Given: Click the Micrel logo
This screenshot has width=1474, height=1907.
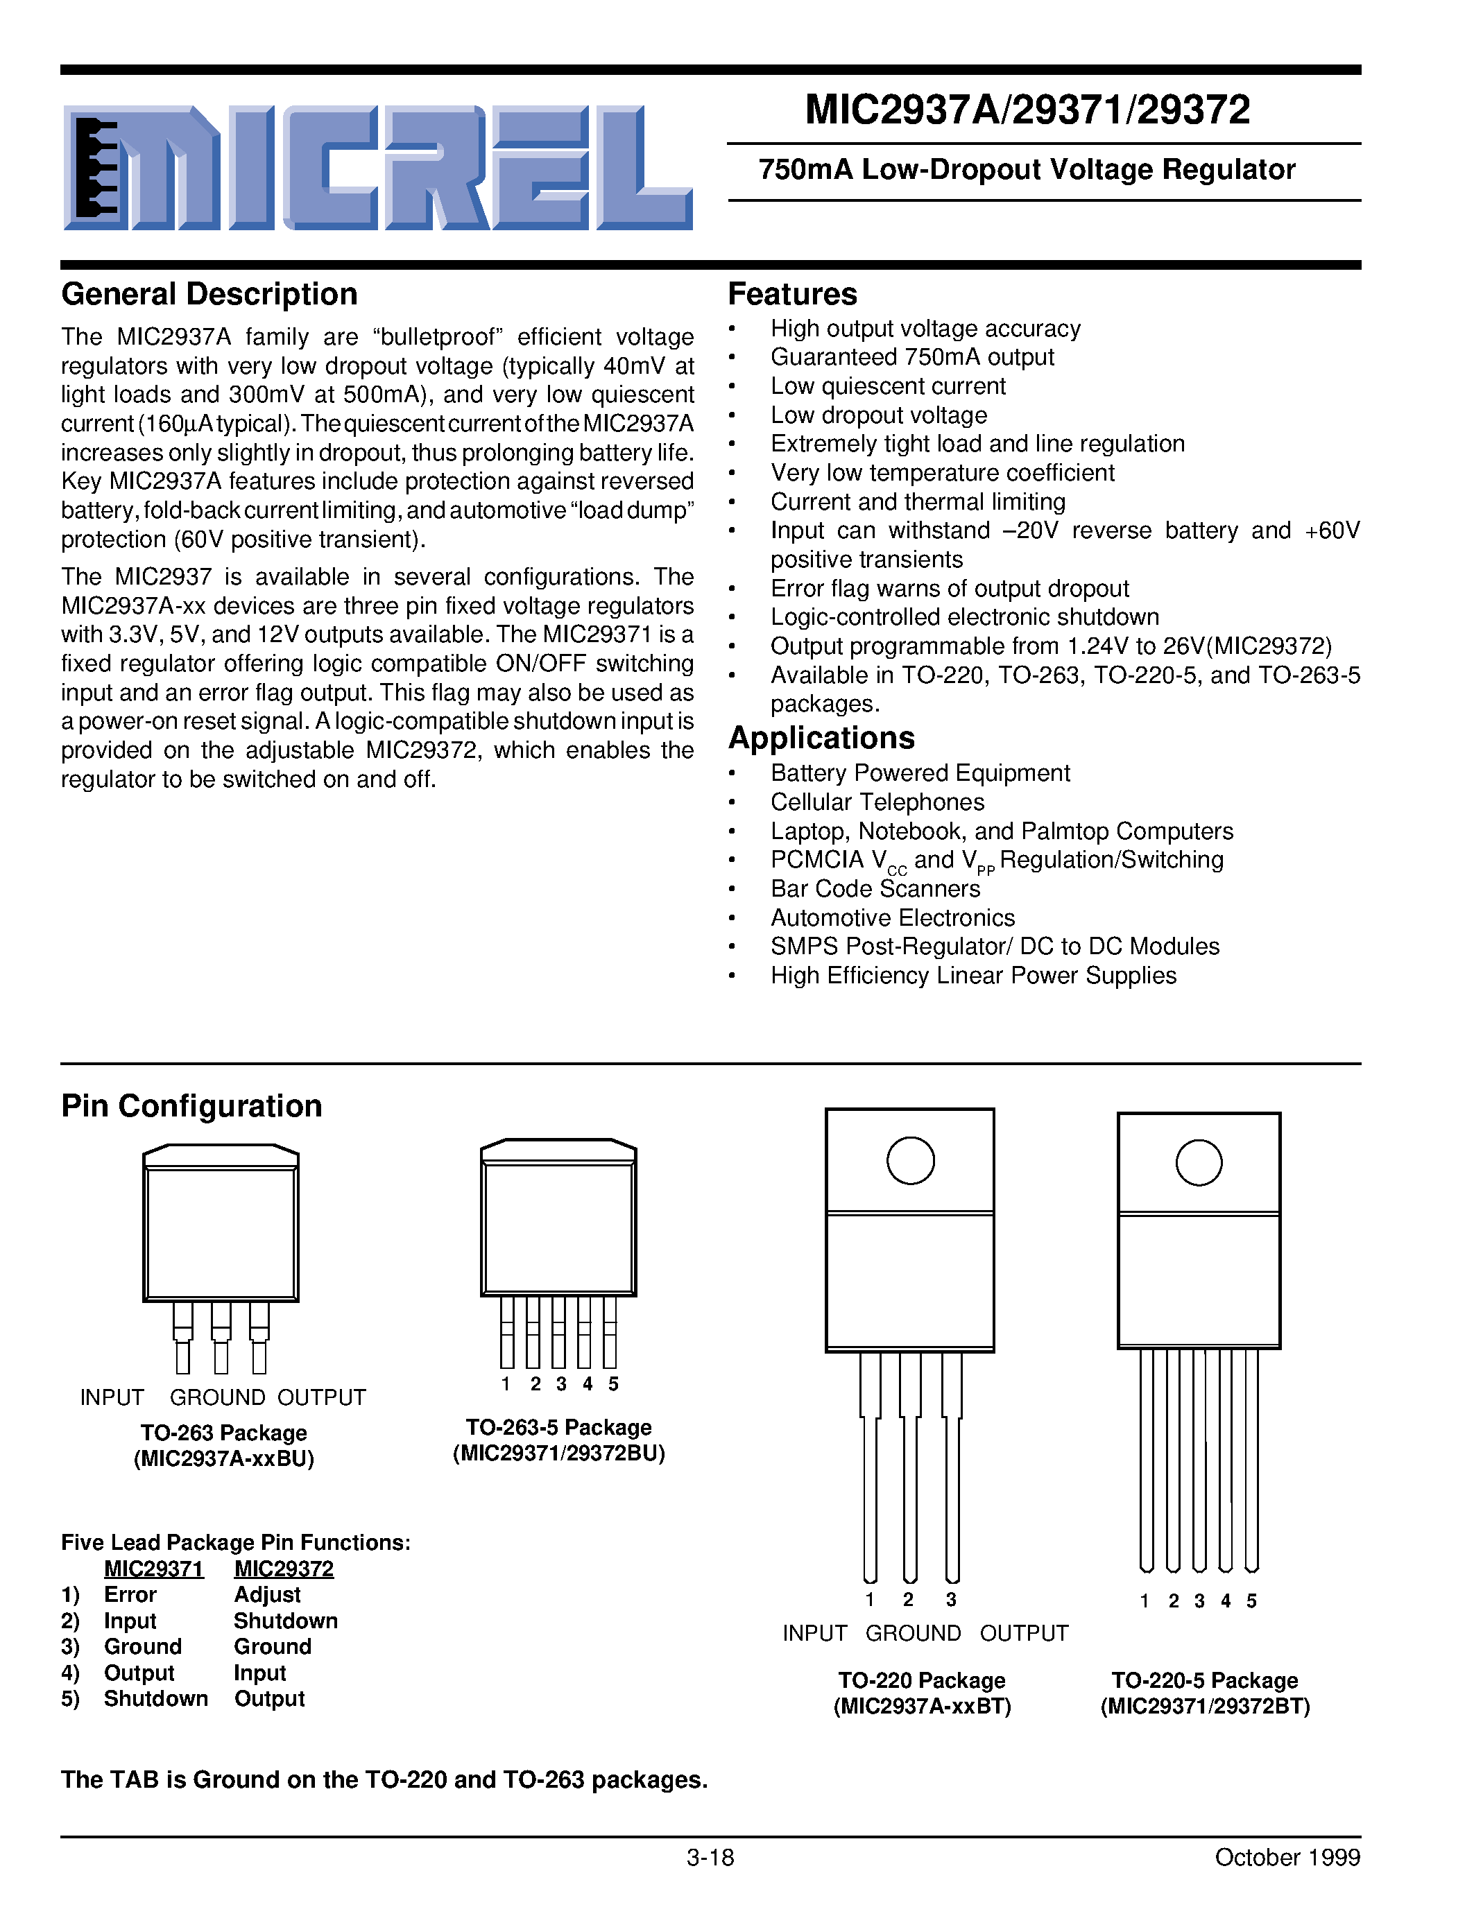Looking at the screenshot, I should (377, 168).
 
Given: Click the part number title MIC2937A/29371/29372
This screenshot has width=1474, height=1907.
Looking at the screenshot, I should (1027, 111).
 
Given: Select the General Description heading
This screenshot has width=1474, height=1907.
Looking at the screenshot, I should (209, 294).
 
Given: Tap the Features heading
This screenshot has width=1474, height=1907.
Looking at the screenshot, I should (792, 294).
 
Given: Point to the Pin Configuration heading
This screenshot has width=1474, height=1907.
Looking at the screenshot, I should (191, 1106).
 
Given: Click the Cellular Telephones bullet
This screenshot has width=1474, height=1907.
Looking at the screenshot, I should (877, 802).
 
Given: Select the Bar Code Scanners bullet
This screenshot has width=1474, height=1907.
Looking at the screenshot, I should (875, 888).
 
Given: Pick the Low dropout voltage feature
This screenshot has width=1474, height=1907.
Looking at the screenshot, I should (878, 415).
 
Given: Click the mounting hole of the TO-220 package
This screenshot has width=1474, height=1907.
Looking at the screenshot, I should (910, 1160).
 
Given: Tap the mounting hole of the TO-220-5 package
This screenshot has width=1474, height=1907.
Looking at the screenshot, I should (1198, 1162).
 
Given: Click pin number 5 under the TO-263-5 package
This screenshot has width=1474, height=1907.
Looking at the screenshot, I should (613, 1384).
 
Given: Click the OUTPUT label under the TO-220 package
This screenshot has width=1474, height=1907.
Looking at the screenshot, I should (1023, 1633).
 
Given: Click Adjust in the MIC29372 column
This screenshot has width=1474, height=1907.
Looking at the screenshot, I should (267, 1594).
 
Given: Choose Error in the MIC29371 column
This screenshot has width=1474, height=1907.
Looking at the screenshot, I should (130, 1594).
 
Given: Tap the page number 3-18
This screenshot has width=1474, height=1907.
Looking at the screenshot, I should (710, 1857).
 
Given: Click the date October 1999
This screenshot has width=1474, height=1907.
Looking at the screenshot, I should (1286, 1857).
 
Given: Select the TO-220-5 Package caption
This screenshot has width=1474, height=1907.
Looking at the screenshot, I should (1204, 1680).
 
